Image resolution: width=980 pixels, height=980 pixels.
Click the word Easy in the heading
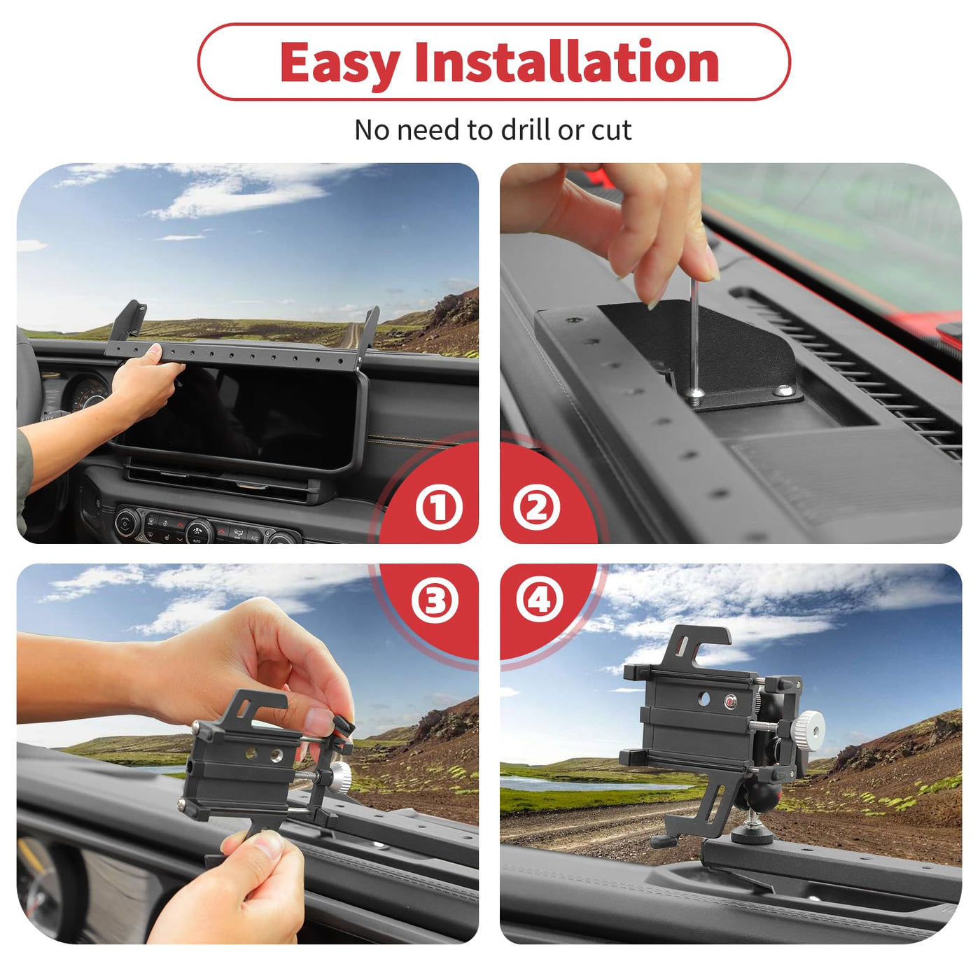click(x=339, y=62)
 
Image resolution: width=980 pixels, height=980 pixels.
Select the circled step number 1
click(x=440, y=507)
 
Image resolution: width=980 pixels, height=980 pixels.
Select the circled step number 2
click(x=536, y=507)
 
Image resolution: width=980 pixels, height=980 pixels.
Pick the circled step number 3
click(x=435, y=601)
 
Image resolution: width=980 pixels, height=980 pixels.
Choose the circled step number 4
click(x=540, y=601)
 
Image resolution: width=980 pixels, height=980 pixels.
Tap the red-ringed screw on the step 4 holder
click(x=731, y=702)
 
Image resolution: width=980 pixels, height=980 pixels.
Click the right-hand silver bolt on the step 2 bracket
click(x=784, y=391)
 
